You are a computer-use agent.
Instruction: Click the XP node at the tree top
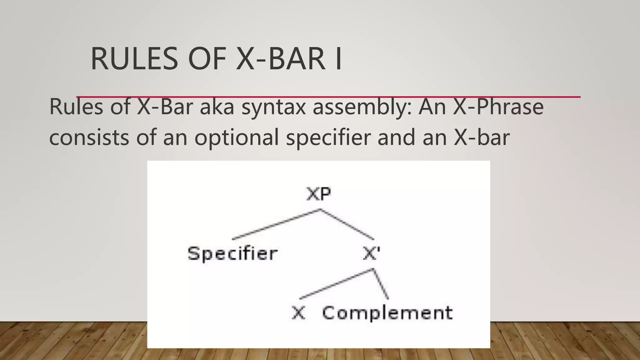[x=318, y=194]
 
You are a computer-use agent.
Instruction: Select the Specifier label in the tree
[x=232, y=253]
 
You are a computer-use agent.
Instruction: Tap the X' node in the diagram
[x=371, y=253]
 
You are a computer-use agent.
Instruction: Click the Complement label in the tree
[x=387, y=313]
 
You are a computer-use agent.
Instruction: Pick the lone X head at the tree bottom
[x=298, y=313]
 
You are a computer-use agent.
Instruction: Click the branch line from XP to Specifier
[x=276, y=224]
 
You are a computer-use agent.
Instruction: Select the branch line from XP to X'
[x=347, y=224]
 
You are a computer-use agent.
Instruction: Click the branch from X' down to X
[x=336, y=284]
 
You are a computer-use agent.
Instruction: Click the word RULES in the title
[x=134, y=59]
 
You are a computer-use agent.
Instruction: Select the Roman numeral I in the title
[x=338, y=59]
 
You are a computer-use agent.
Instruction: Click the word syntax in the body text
[x=273, y=107]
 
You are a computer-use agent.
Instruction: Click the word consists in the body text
[x=89, y=137]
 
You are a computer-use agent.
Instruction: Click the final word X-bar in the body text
[x=482, y=137]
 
